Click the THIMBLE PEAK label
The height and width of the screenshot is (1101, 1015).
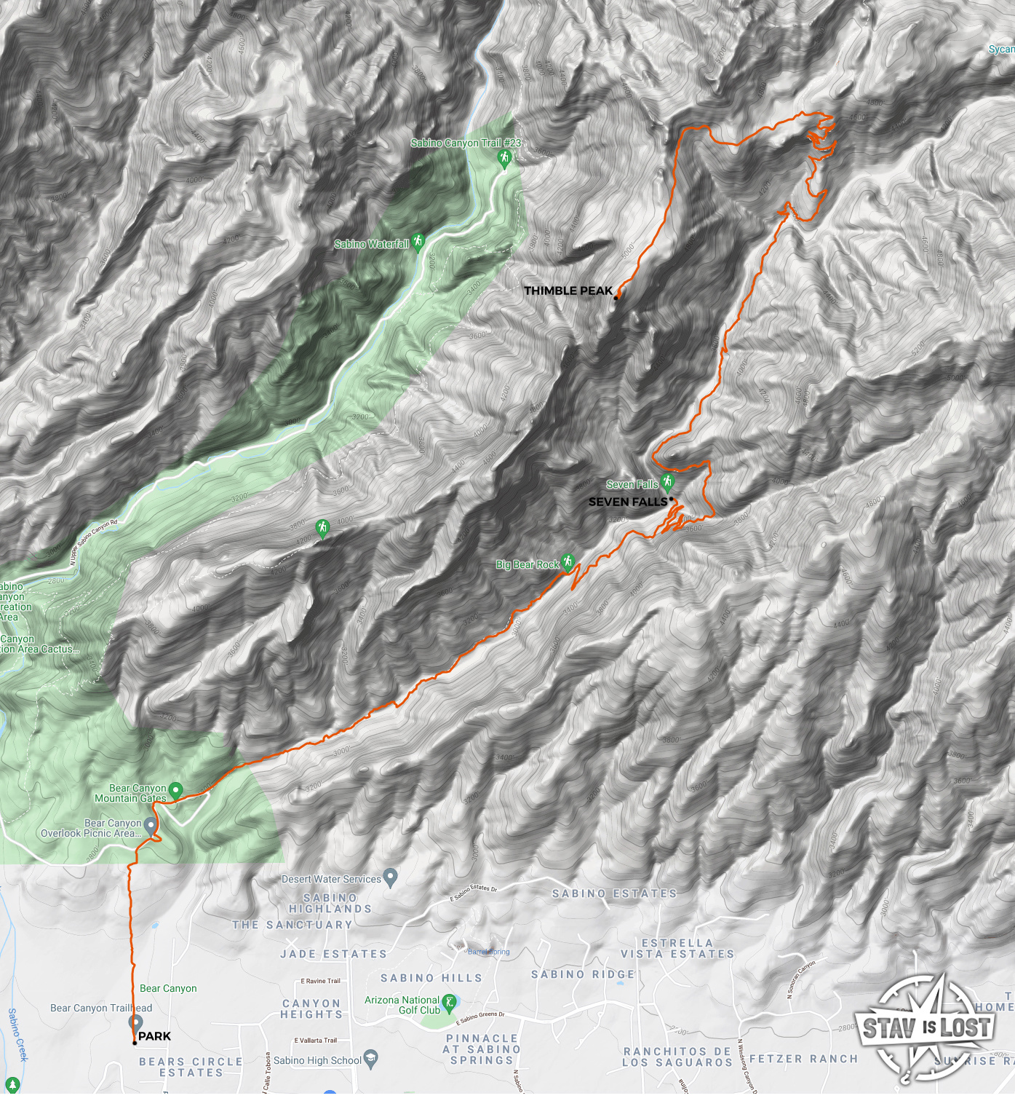click(568, 291)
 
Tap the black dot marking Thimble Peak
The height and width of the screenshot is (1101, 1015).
click(616, 297)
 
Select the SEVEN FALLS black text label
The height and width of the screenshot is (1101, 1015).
click(627, 502)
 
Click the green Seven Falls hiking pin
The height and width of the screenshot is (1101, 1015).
click(668, 481)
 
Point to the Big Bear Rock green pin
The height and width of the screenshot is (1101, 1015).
click(568, 561)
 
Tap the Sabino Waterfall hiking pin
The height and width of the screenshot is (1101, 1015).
click(418, 241)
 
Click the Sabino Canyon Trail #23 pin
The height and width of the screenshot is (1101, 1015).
click(505, 158)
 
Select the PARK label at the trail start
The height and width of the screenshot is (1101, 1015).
click(154, 1036)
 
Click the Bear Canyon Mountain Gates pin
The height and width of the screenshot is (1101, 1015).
click(175, 790)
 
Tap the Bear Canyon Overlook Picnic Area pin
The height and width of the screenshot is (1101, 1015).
click(151, 825)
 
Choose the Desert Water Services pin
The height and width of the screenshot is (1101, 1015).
click(391, 877)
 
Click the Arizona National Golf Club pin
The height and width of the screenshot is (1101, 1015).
click(449, 1003)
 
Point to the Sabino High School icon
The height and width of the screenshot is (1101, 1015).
click(371, 1059)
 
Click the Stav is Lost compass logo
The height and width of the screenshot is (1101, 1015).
click(926, 1028)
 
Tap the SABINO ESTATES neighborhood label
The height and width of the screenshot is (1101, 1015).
click(614, 893)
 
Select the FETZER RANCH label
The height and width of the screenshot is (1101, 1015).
click(803, 1059)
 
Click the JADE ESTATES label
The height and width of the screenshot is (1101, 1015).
click(333, 954)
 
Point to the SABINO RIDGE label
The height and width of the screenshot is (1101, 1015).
click(583, 974)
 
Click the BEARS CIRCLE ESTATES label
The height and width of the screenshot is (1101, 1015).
click(191, 1068)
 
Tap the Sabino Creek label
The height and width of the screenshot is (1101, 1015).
click(16, 1034)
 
